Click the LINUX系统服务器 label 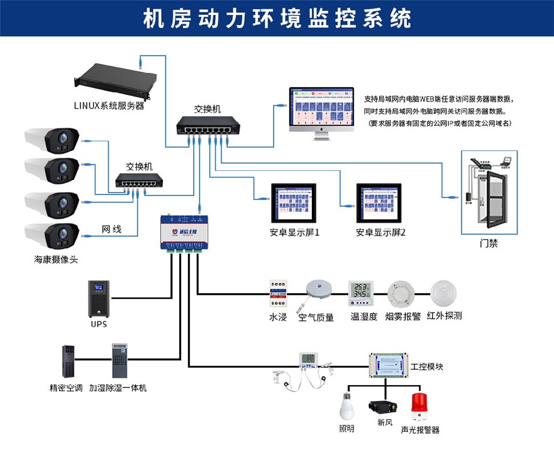pos(109,105)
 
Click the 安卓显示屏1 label pos(295,232)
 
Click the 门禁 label pos(488,243)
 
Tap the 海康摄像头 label pos(56,259)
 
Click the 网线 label pos(112,230)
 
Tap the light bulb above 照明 pos(346,406)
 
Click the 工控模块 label pos(427,366)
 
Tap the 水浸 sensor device pos(278,294)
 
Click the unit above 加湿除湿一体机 pos(118,360)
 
